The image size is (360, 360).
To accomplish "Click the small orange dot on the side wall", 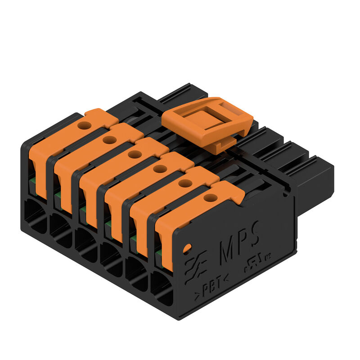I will [x=187, y=247].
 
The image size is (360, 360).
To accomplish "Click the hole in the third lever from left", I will [x=134, y=154].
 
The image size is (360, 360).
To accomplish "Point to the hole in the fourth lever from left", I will [x=159, y=168].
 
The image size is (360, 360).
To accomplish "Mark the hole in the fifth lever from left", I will [x=184, y=183].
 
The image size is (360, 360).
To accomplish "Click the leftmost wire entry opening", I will [x=35, y=216].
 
